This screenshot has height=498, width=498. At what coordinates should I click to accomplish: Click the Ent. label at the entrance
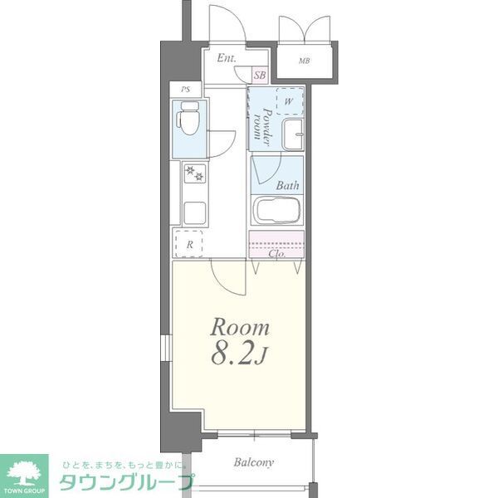[227, 59]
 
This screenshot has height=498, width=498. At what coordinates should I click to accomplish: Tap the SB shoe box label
[260, 76]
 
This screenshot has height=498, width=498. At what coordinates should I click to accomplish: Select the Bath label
[288, 186]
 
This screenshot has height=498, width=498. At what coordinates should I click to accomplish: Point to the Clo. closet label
[278, 253]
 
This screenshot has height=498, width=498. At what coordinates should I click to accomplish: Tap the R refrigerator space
[189, 243]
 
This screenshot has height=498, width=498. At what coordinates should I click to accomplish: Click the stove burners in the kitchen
[193, 173]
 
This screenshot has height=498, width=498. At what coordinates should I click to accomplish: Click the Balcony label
[254, 462]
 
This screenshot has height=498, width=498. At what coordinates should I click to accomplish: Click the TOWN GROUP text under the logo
[25, 491]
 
